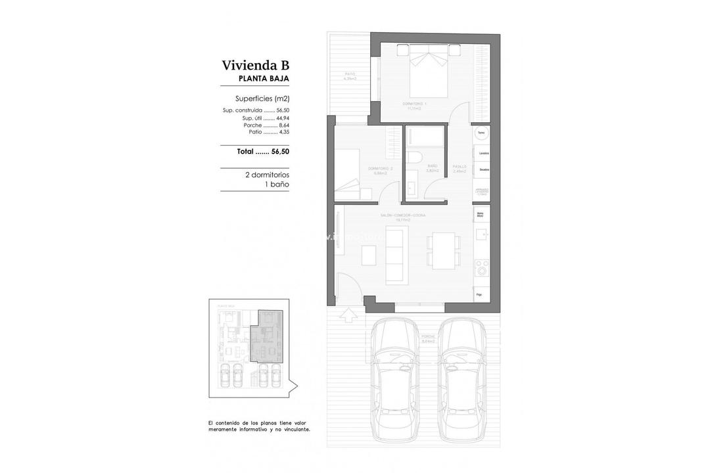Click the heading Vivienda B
click(x=255, y=65)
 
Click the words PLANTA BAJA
click(x=263, y=79)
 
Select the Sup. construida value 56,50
click(x=283, y=110)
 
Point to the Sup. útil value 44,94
click(x=283, y=118)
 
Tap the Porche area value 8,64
click(x=283, y=125)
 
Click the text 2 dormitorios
click(x=267, y=175)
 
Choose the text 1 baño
click(x=276, y=185)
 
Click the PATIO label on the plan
click(x=350, y=75)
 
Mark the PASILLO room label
click(x=460, y=167)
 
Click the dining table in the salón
click(x=439, y=252)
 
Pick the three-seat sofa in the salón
click(x=396, y=255)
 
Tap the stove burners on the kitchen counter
click(x=481, y=266)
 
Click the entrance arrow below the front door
click(x=348, y=316)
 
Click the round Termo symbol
click(x=481, y=133)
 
